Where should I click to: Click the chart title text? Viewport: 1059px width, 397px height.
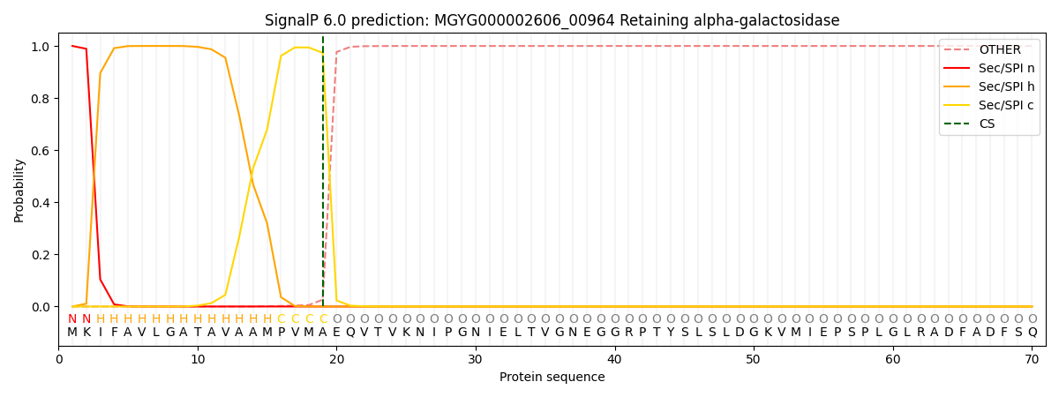tap(552, 20)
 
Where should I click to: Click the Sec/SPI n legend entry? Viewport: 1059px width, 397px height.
tap(1007, 69)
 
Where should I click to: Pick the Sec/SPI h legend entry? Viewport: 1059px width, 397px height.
tap(1007, 87)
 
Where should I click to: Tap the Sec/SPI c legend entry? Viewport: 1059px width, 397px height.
tap(1007, 106)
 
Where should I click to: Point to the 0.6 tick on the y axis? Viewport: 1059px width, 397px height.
tap(41, 151)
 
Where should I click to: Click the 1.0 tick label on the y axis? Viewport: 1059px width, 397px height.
tap(41, 46)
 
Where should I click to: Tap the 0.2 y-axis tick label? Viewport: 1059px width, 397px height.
tap(41, 255)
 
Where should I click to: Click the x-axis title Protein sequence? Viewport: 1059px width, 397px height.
tap(552, 378)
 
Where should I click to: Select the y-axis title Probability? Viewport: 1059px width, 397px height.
tap(19, 190)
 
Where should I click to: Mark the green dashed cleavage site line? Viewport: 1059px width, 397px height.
tap(323, 176)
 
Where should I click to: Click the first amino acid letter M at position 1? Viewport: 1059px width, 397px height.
tap(72, 333)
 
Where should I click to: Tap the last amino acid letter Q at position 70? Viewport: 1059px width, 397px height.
tap(1032, 333)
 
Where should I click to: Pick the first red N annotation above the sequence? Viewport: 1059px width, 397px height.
tap(72, 319)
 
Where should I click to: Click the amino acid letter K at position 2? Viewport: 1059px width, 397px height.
tap(86, 333)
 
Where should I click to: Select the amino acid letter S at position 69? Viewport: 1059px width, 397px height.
tap(1018, 333)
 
